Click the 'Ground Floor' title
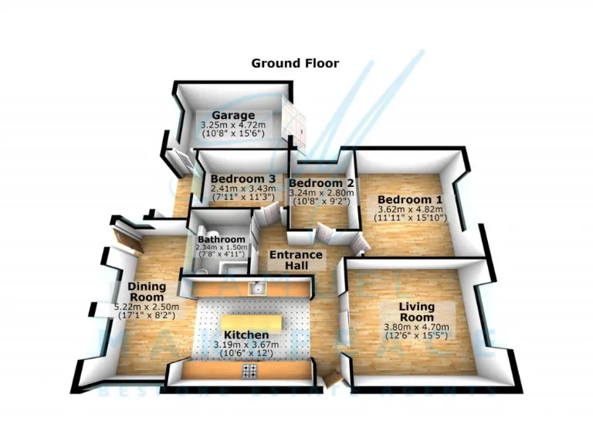coord(294,63)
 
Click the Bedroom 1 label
coord(409,199)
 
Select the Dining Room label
coord(146,291)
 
